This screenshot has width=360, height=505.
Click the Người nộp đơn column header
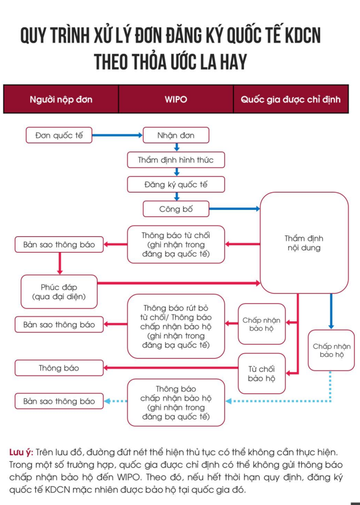(61, 99)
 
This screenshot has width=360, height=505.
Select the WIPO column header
(176, 99)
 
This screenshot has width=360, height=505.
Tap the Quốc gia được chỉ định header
(291, 99)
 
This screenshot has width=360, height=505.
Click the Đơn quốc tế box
(58, 135)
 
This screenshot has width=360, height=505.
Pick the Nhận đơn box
(176, 135)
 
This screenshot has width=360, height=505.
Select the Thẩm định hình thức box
(176, 160)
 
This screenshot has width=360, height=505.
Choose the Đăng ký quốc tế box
(176, 184)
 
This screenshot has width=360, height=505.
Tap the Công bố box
(176, 209)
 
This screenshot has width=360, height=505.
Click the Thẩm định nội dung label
(303, 243)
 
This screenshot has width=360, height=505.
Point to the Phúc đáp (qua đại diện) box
(59, 292)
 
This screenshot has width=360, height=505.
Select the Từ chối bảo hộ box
(261, 374)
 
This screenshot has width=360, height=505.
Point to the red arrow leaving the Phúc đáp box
(179, 284)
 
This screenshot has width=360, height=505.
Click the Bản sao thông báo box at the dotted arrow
(59, 401)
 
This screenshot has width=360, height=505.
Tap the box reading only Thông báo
(59, 368)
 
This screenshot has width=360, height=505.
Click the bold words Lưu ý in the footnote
(21, 452)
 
